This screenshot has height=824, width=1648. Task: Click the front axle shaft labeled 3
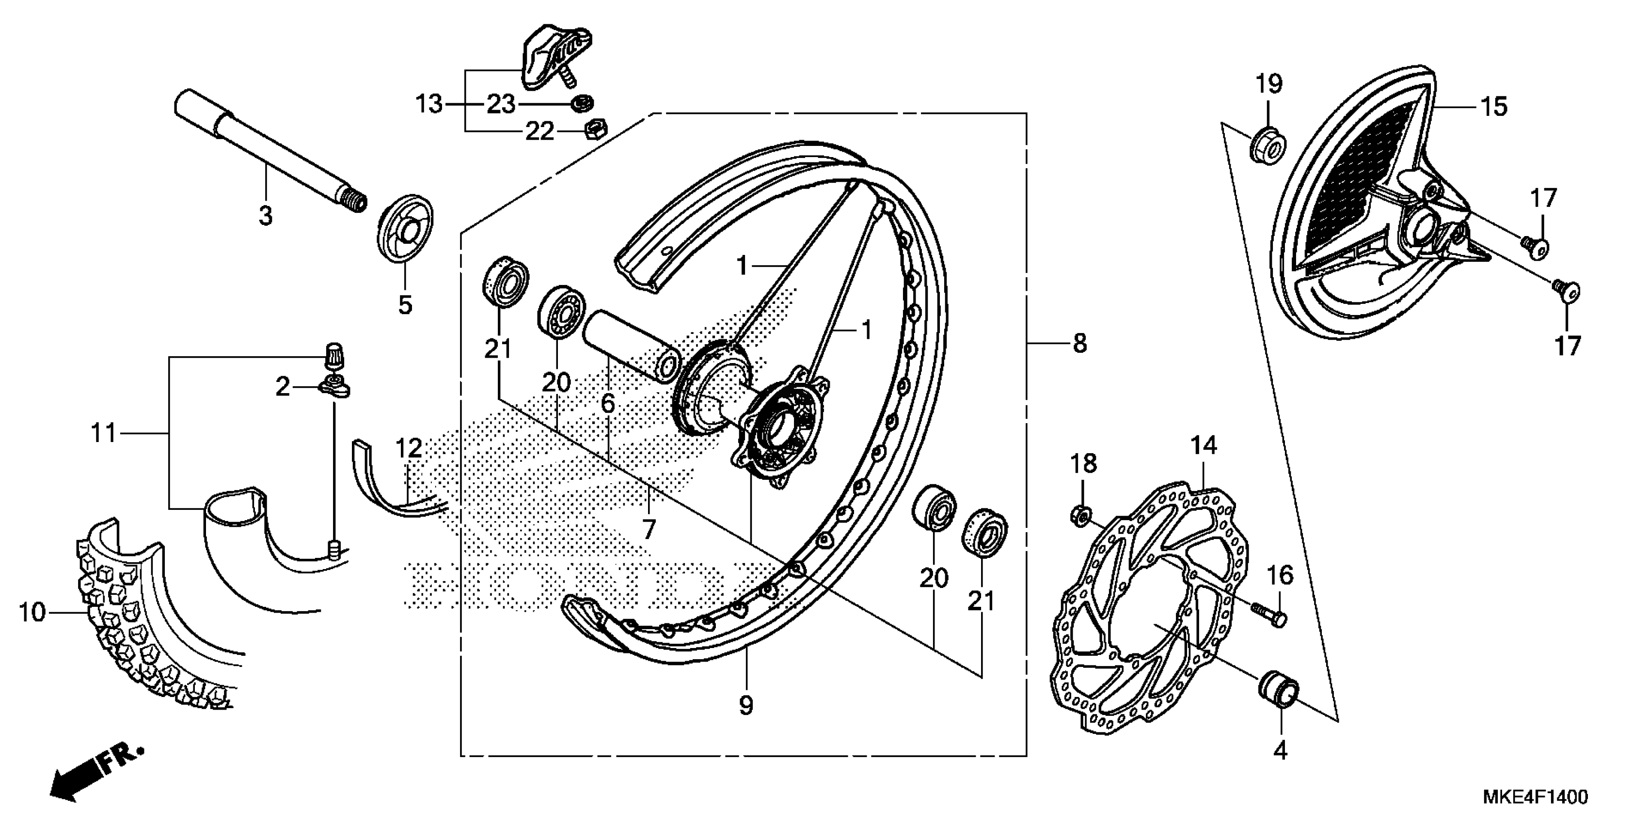[x=269, y=151]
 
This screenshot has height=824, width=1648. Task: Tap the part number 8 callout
[x=1080, y=344]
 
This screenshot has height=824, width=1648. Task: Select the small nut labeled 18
[x=1080, y=514]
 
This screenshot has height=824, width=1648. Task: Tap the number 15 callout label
[x=1494, y=106]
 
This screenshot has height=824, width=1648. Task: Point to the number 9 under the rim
[x=746, y=706]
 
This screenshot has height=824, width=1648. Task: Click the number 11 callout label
[x=104, y=434]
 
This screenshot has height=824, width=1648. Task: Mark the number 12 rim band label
[x=408, y=448]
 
